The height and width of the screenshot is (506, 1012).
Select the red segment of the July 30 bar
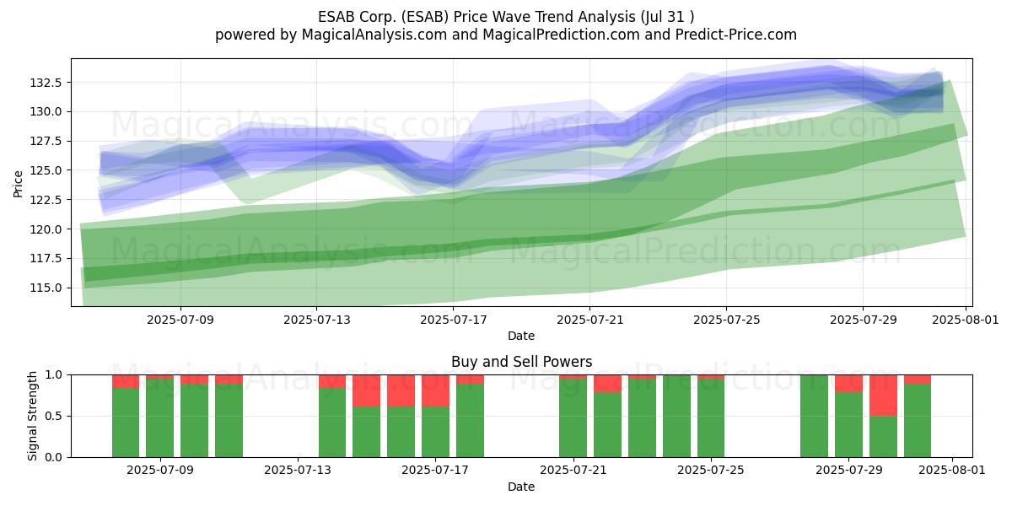tap(883, 396)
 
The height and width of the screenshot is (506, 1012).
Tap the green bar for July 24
tap(676, 416)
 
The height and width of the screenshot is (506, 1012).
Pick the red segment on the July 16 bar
tap(401, 390)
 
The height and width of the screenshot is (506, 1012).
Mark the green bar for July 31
tap(918, 421)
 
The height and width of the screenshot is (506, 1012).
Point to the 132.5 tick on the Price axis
tap(45, 83)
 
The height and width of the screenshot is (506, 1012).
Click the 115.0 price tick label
tap(45, 288)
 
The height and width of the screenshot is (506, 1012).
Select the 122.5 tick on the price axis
tap(45, 200)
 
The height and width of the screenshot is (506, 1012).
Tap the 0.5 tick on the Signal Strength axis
tap(54, 416)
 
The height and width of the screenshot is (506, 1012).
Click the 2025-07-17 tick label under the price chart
tap(454, 320)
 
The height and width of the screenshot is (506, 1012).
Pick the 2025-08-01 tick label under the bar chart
tap(952, 470)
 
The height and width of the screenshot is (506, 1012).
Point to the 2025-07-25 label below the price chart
tap(726, 320)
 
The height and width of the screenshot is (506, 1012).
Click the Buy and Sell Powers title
tap(522, 362)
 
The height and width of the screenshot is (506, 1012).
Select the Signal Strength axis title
tap(33, 416)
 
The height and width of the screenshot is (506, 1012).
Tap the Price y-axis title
tap(18, 184)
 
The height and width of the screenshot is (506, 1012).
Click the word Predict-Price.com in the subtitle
tap(736, 35)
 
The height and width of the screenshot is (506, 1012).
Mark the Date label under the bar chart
tap(521, 487)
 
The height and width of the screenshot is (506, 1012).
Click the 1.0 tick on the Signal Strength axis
tap(54, 375)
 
